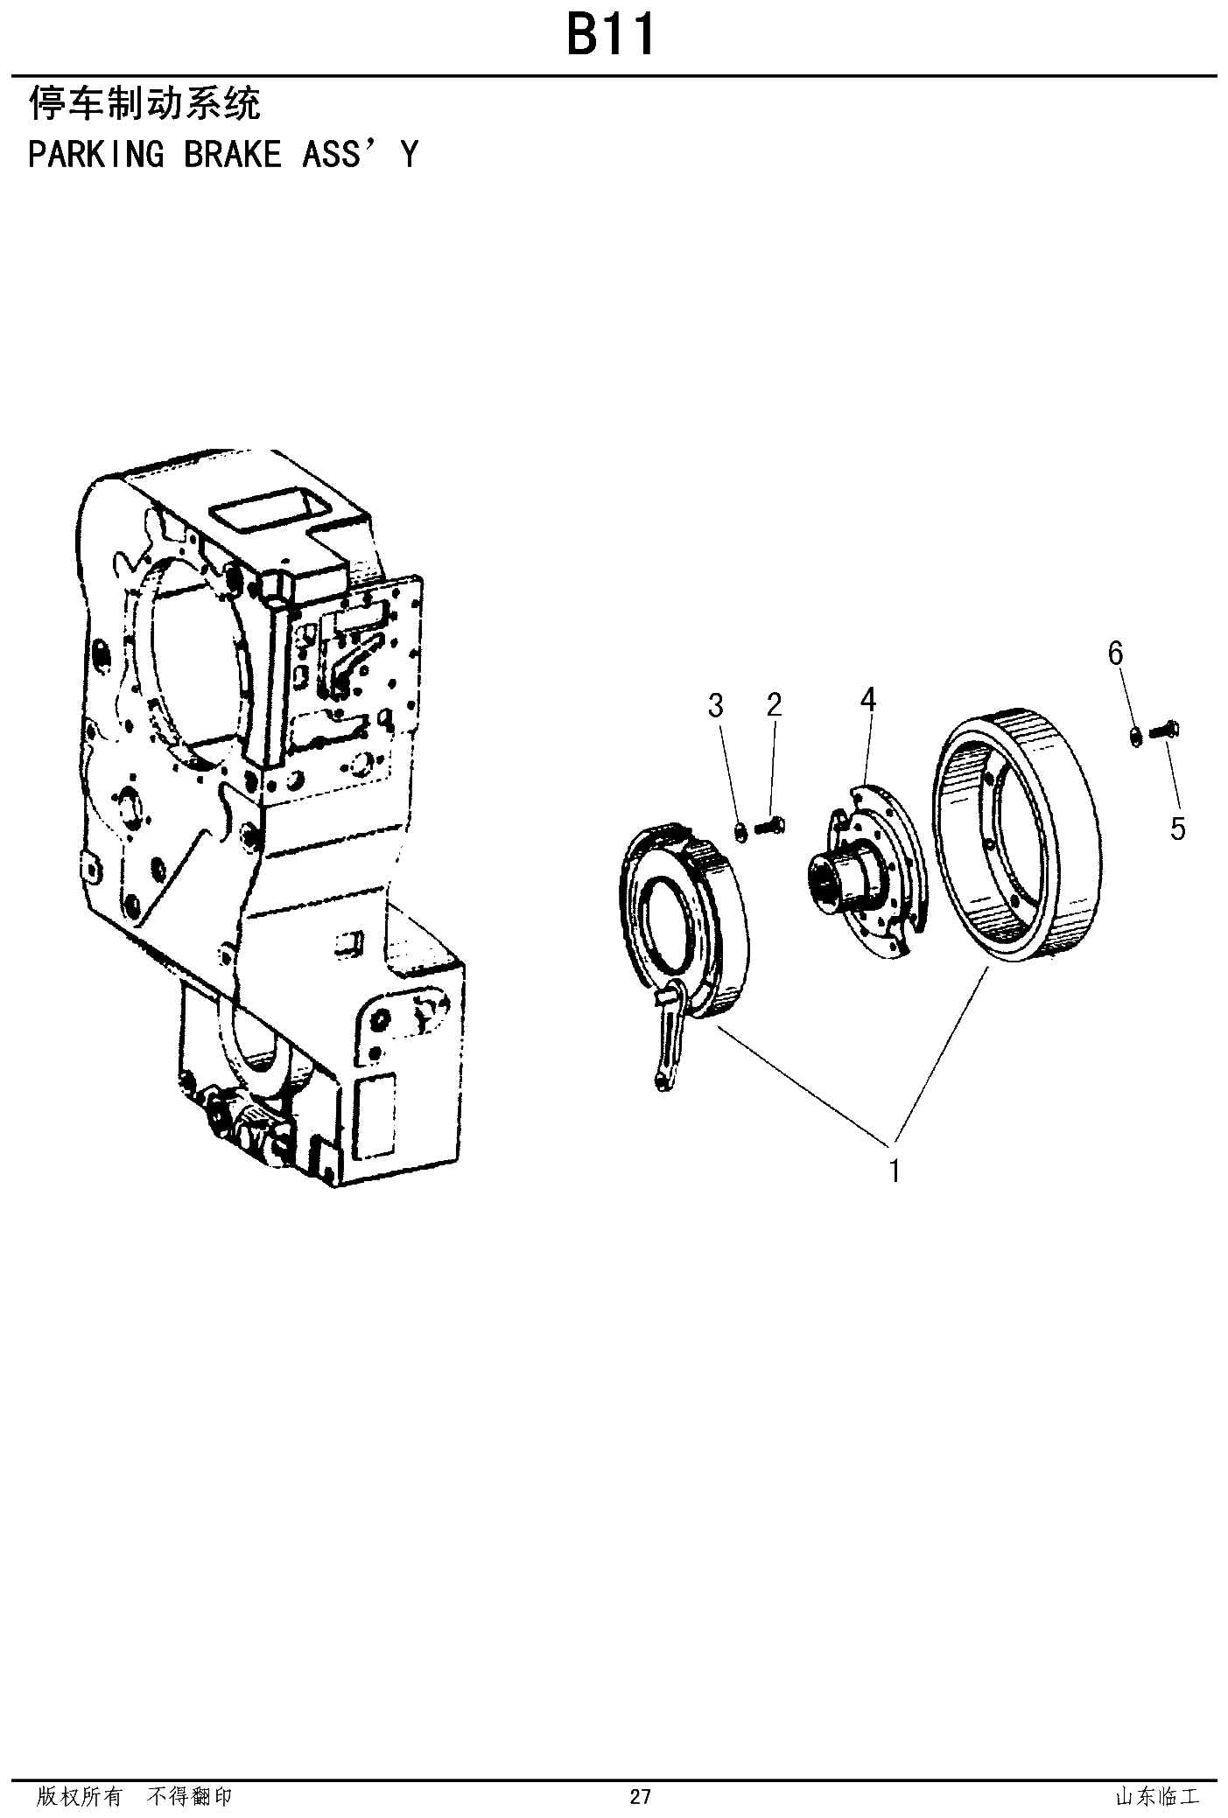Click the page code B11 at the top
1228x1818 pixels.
pyautogui.click(x=610, y=37)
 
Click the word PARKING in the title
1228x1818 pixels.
pyautogui.click(x=95, y=154)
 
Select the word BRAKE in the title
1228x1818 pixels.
pyautogui.click(x=233, y=154)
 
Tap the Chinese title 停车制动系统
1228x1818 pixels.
pyautogui.click(x=144, y=103)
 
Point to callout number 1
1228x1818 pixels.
pyautogui.click(x=895, y=1170)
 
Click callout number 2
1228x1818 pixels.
pyautogui.click(x=774, y=704)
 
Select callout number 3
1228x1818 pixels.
pyautogui.click(x=716, y=704)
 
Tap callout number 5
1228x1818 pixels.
pyautogui.click(x=1178, y=828)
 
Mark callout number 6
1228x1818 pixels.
pyautogui.click(x=1115, y=653)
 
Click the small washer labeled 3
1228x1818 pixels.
pyautogui.click(x=740, y=830)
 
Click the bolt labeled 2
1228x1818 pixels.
pyautogui.click(x=770, y=824)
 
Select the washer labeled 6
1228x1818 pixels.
pyautogui.click(x=1135, y=736)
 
